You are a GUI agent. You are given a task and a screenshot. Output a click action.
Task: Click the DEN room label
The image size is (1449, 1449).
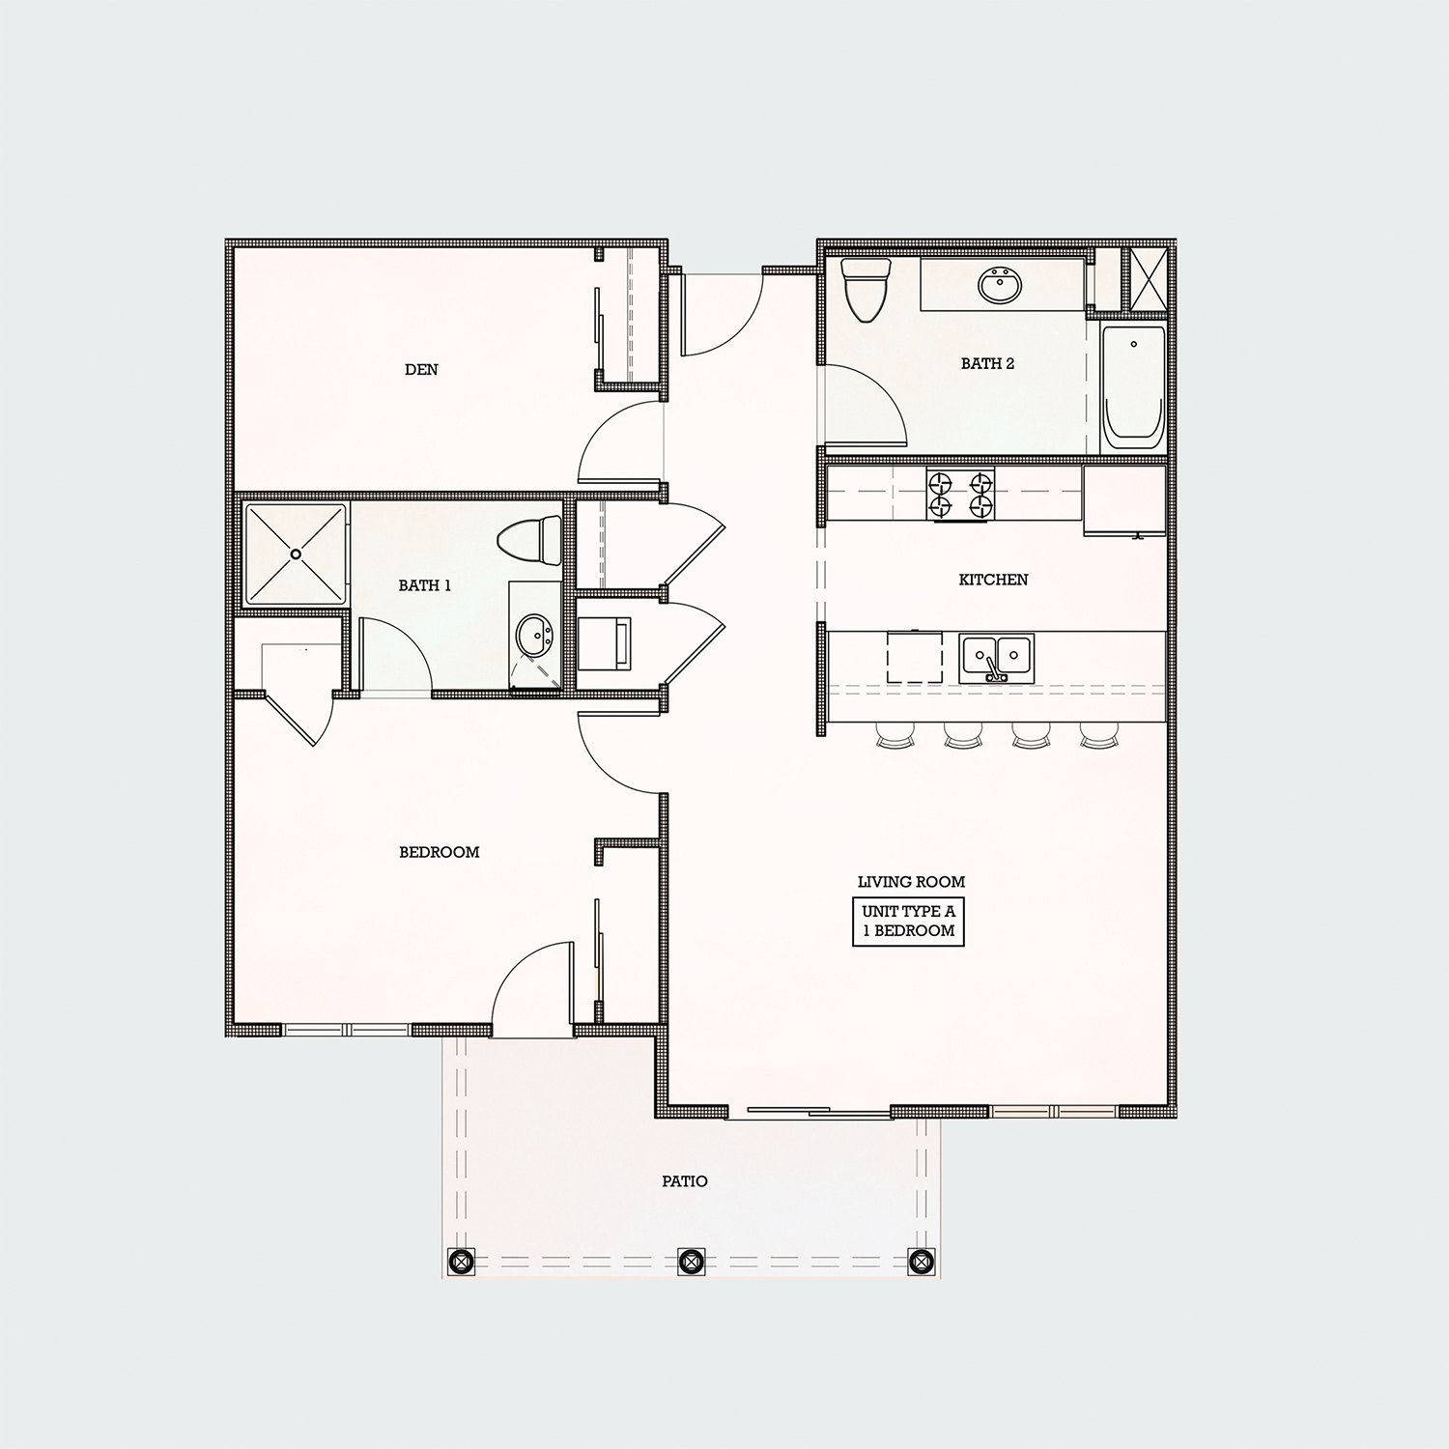421,369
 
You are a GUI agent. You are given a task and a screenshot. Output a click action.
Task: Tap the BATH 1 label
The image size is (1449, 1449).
425,585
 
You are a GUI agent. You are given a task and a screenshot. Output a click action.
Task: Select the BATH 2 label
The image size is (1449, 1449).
987,364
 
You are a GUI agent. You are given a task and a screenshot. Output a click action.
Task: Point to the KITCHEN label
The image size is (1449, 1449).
993,580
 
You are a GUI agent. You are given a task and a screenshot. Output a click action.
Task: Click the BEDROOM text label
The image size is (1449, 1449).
440,852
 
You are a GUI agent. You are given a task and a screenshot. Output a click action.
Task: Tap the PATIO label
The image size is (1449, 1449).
685,1181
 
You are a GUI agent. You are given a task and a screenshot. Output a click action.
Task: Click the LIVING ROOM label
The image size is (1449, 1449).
911,882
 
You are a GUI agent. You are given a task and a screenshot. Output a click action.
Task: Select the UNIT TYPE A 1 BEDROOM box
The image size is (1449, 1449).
908,922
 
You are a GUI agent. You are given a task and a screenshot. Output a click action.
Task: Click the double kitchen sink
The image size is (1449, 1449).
996,658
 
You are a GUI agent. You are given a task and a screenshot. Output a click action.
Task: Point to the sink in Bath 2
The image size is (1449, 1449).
1002,285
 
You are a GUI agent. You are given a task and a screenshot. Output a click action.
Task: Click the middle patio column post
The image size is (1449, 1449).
689,1261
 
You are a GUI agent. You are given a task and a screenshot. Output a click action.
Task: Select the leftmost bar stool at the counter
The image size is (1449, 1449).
894,738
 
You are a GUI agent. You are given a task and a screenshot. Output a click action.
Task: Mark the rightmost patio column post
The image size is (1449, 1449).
922,1261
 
